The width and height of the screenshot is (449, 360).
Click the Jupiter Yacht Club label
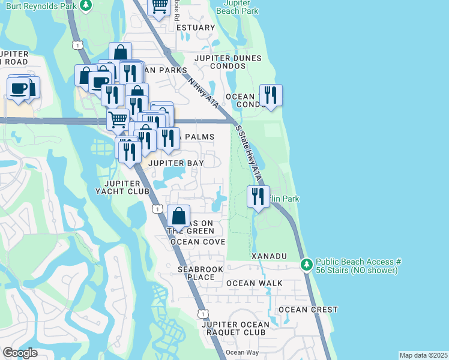click(x=126, y=187)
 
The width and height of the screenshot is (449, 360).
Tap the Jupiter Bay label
click(x=176, y=163)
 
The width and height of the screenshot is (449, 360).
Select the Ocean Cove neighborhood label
click(x=197, y=242)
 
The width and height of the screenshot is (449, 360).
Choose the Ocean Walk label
click(x=250, y=283)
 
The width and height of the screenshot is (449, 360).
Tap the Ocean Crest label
click(x=308, y=310)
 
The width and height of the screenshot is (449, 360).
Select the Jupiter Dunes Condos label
click(x=228, y=58)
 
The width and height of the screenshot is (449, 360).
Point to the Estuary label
click(x=195, y=28)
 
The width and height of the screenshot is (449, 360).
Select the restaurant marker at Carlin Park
click(x=258, y=196)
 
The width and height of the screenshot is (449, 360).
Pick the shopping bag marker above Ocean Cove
click(x=178, y=215)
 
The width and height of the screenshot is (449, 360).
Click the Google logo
click(x=20, y=353)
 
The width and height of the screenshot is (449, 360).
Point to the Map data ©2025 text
click(x=423, y=355)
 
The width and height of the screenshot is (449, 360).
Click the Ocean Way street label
click(x=243, y=352)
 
